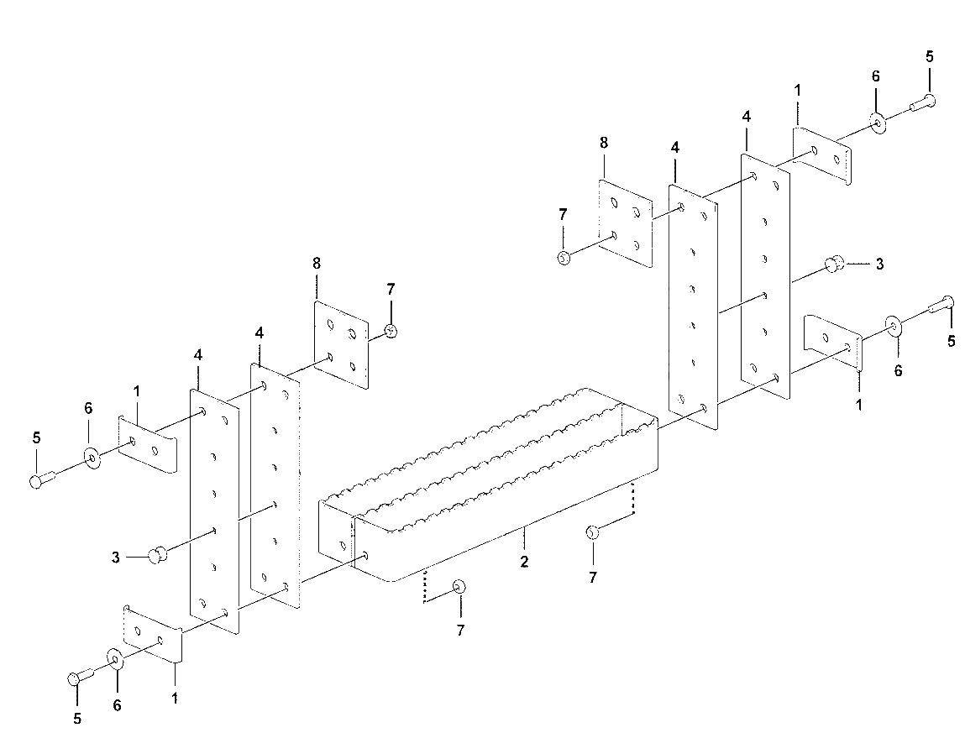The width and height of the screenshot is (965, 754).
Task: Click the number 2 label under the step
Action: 524,562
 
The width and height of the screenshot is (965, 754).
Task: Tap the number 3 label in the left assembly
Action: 116,558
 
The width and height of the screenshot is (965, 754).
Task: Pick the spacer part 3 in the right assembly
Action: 833,264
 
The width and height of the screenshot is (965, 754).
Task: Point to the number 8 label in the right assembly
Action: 604,143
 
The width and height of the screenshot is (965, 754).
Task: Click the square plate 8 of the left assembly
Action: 342,345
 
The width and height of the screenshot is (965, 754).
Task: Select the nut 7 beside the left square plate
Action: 391,331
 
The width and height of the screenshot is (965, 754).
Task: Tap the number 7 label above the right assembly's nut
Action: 563,215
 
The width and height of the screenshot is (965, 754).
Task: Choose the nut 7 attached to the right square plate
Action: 563,257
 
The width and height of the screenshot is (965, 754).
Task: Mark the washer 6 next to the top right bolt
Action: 878,123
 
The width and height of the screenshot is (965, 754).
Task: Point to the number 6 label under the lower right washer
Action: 898,370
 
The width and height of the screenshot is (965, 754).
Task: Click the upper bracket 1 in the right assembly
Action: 821,154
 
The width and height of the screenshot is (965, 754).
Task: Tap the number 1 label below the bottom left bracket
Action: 175,699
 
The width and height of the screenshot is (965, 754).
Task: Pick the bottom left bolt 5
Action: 80,676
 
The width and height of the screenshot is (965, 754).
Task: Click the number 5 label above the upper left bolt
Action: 36,438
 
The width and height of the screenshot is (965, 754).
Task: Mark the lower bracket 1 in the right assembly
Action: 834,343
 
